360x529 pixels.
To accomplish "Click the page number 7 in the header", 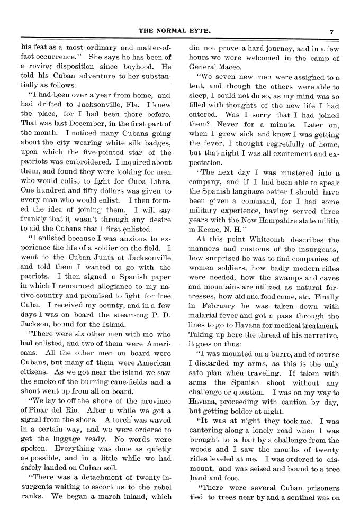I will (331, 31).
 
